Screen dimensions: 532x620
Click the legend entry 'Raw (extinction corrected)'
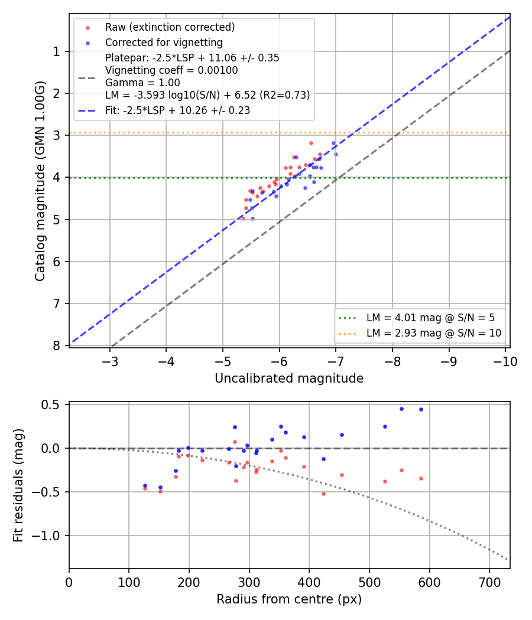pos(170,27)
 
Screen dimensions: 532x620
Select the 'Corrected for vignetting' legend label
pos(164,43)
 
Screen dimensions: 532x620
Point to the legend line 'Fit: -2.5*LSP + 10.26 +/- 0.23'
pos(178,110)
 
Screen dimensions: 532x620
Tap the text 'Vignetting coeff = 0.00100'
pos(171,70)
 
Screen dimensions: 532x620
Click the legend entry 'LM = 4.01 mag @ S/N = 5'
pos(430,318)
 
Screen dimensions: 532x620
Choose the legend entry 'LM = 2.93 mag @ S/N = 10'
pos(434,333)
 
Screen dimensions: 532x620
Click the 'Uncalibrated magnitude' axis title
pos(289,378)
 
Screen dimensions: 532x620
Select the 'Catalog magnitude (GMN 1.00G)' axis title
pos(40,181)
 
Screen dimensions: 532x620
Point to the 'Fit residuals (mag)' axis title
pos(18,485)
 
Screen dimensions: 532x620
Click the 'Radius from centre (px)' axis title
pos(289,599)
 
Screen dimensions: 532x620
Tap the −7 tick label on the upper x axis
pos(336,362)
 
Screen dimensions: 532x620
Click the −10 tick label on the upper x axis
pos(505,362)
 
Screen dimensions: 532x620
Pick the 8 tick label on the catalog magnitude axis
pos(57,345)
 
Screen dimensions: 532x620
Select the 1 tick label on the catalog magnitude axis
pos(57,52)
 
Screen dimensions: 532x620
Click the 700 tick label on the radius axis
pos(489,582)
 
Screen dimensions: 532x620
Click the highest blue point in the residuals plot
pos(401,409)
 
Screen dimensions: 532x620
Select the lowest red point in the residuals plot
pos(323,494)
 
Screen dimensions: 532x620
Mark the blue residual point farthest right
pos(421,410)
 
